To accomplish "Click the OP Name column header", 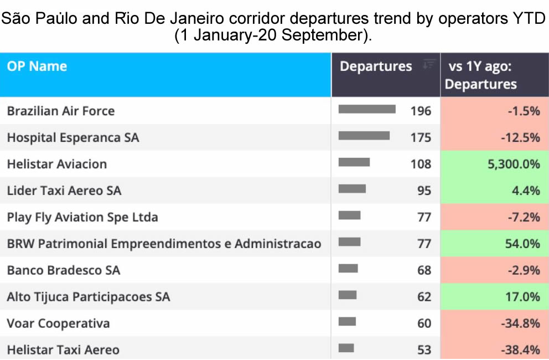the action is [x=37, y=66].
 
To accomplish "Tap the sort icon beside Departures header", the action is [x=428, y=64].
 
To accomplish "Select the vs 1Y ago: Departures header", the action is [x=481, y=75].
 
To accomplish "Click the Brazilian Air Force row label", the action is [x=61, y=111].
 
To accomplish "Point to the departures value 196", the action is [x=421, y=111].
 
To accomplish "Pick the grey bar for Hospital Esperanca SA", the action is [x=364, y=136].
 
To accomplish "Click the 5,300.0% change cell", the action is [x=494, y=164].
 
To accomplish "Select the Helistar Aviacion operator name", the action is [x=56, y=164].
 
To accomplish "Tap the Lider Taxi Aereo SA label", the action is [x=64, y=191].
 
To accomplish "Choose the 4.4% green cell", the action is [x=494, y=191].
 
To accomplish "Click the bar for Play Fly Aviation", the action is [x=349, y=215].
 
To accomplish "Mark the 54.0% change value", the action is [x=522, y=244].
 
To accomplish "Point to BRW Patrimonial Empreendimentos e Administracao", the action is [x=164, y=244].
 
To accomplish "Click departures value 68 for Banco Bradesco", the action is [x=424, y=270].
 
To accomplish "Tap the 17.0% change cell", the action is [x=494, y=296].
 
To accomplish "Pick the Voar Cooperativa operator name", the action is [x=58, y=323].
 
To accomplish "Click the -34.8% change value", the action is [x=520, y=323].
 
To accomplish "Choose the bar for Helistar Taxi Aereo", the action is [x=346, y=348].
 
